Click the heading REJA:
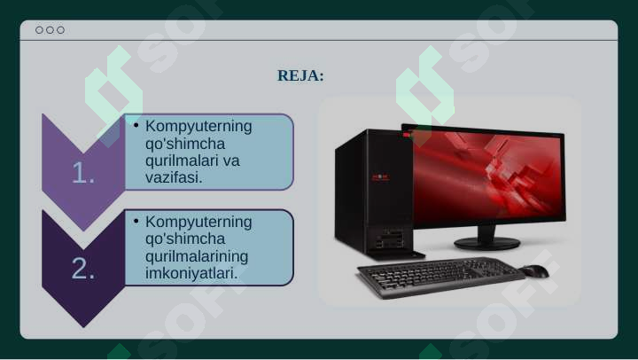coord(300,75)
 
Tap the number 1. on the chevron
coord(83,174)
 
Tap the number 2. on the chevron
coord(83,269)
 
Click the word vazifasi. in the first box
coord(175,177)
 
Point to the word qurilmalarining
coord(196,256)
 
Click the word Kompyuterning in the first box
coord(198,126)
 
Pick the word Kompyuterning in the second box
coord(198,222)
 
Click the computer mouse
coord(534,270)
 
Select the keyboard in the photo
coord(439,277)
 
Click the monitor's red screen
coord(486,173)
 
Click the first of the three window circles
coord(39,30)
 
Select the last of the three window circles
coord(60,30)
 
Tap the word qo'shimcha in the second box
coord(184,239)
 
